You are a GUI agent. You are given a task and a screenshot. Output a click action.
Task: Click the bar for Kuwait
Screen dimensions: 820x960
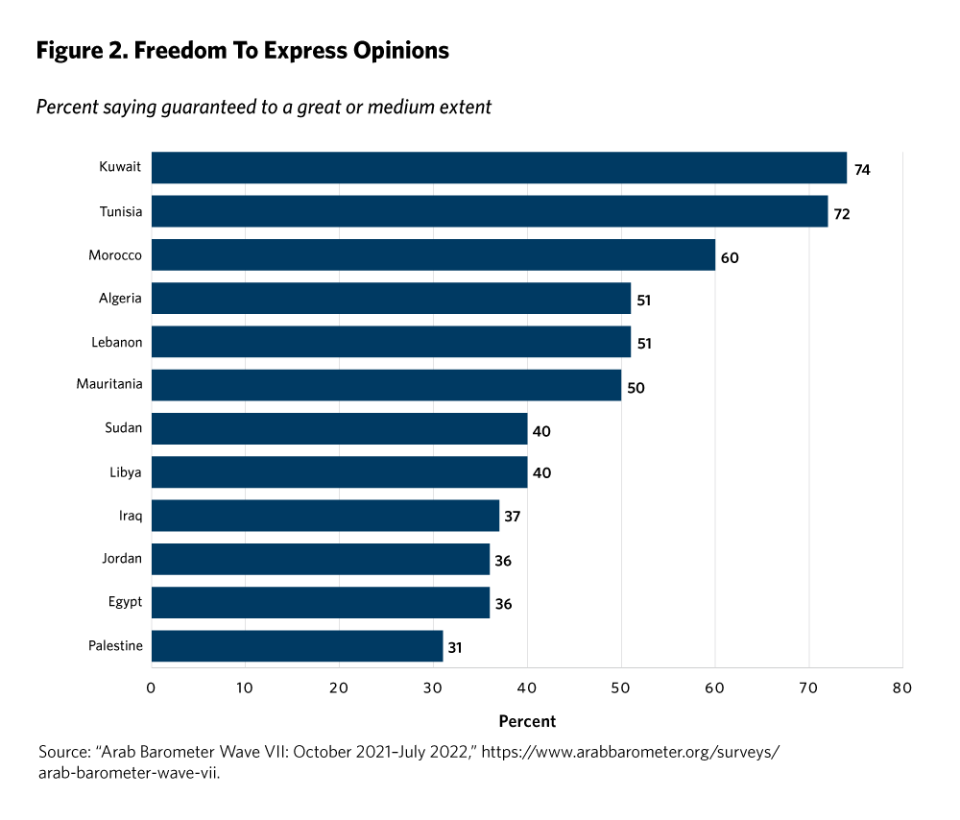pos(499,167)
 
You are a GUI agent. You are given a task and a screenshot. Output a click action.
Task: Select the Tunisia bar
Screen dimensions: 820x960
pos(490,211)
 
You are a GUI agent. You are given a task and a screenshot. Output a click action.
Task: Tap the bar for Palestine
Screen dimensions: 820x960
pos(297,646)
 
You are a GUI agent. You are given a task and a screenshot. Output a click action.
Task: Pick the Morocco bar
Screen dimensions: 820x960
pos(433,254)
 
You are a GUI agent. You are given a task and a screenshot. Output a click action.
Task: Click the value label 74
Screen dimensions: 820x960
pos(863,169)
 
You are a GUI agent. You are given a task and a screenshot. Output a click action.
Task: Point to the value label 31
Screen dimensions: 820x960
pos(455,647)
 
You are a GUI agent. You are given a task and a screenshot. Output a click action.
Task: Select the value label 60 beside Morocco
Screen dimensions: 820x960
pos(730,257)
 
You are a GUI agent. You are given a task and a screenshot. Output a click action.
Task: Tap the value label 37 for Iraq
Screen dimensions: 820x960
pos(512,517)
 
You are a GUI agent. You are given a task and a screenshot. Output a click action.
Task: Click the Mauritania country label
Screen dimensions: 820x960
pos(109,384)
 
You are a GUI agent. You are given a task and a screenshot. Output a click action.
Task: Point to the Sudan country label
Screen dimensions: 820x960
pos(124,428)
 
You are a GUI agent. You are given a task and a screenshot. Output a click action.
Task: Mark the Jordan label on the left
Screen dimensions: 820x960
pos(122,559)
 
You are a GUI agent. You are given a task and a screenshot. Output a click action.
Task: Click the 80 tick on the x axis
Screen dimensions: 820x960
pos(901,687)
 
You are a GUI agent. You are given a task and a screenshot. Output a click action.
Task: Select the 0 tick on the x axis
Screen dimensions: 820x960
pos(152,687)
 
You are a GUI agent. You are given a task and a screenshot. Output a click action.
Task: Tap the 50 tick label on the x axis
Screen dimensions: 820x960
pos(621,687)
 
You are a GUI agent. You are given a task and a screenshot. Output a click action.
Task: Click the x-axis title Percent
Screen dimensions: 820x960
pos(527,721)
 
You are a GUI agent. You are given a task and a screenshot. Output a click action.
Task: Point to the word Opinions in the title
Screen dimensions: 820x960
pos(396,51)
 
